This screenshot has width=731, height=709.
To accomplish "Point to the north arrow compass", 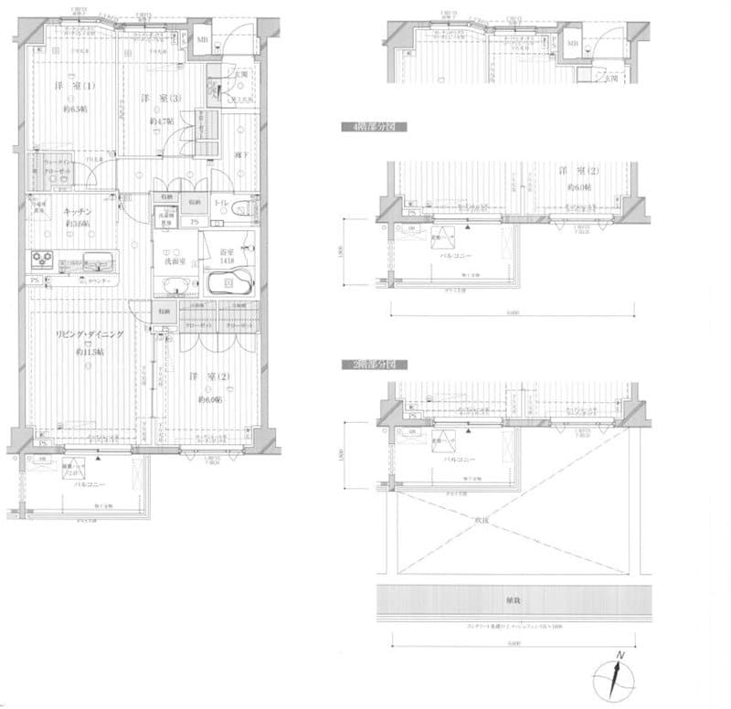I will point(614,677).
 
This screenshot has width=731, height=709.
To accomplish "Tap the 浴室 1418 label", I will point(228,253).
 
